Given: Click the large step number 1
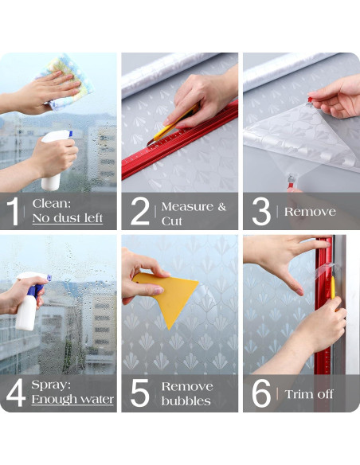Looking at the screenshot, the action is coord(13,211).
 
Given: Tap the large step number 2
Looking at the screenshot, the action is coord(140,211).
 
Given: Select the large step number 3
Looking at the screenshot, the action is coord(261,211).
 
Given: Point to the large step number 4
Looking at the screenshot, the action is coord(16,393).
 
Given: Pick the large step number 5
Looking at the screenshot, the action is coord(140,393).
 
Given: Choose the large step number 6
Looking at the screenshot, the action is coord(261,393).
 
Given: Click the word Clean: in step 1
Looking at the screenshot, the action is coord(52,204).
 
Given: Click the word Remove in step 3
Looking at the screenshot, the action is coord(310,212).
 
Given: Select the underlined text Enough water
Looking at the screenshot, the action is coord(72,399).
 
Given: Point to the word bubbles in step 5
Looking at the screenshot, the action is coord(186,401).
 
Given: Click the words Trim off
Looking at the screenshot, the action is coord(309,394).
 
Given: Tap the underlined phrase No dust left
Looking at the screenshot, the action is coord(68,218).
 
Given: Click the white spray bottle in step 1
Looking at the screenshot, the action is coord(56,160).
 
